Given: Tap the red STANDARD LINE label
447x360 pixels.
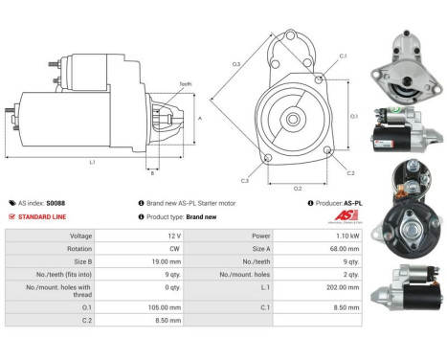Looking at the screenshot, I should click(x=41, y=216).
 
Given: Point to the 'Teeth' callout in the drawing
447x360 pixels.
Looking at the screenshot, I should click(x=185, y=84).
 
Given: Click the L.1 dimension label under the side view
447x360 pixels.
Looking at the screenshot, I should click(x=93, y=162).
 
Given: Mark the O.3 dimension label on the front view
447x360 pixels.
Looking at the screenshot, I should click(x=209, y=64).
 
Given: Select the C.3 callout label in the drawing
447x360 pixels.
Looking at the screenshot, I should click(x=245, y=180).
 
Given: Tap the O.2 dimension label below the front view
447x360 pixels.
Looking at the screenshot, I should click(x=298, y=188).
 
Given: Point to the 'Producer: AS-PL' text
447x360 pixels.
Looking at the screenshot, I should click(x=339, y=203).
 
